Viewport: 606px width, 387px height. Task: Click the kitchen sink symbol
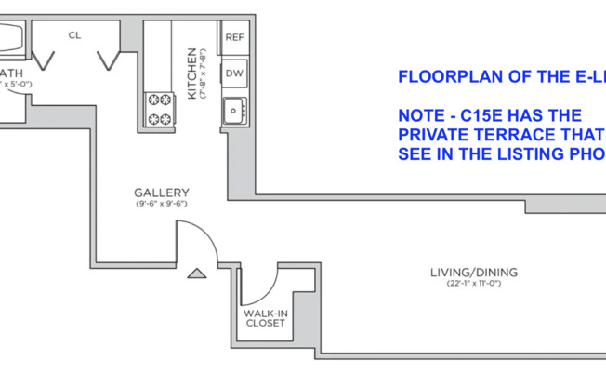coord(233,110)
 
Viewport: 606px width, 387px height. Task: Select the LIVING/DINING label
coord(473,273)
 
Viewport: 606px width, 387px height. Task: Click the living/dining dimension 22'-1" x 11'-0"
coord(473,284)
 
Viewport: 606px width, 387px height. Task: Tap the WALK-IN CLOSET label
coord(265,319)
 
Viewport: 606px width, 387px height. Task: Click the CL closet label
coord(75,35)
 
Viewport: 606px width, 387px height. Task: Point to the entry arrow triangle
coord(196,274)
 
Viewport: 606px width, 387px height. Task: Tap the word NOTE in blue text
coord(419,115)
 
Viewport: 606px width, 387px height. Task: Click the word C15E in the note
coord(483,115)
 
